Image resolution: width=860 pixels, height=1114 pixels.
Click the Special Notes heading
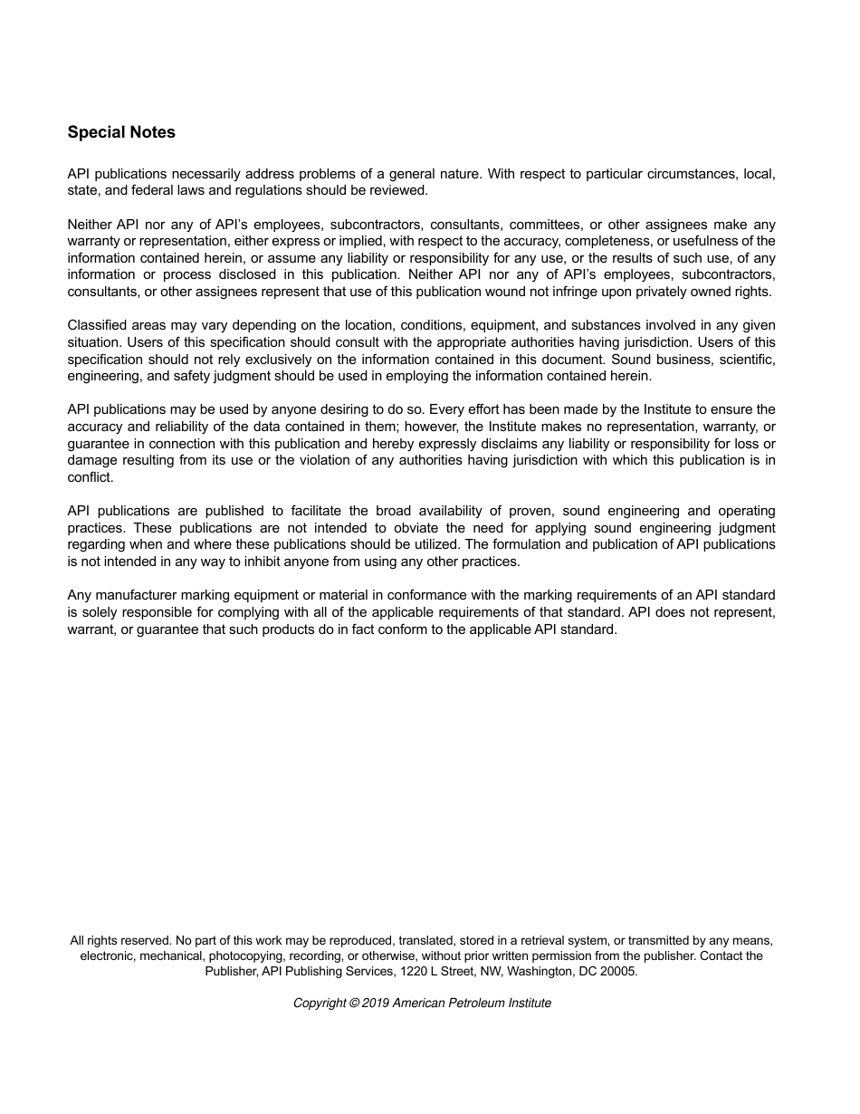pos(121,132)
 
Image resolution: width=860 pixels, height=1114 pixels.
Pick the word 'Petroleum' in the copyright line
pos(475,1004)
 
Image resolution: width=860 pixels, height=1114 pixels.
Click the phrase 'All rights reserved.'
pos(120,941)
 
